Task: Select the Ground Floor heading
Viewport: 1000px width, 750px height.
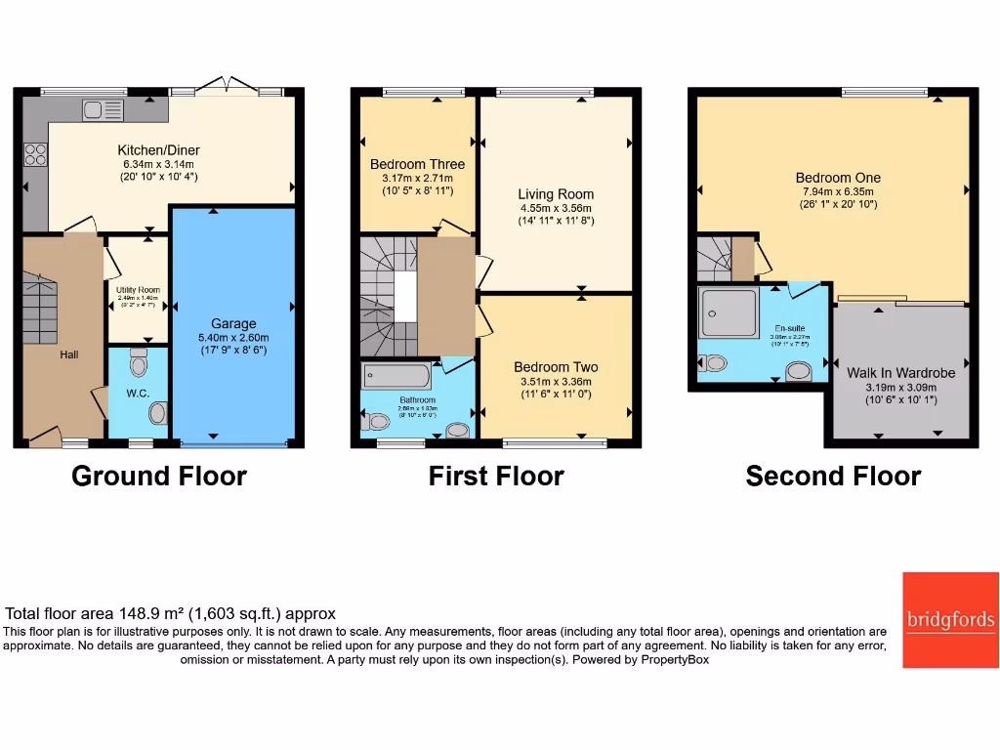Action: click(159, 477)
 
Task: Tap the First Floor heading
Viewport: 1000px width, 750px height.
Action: click(496, 477)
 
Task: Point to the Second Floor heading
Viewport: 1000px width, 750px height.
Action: click(833, 477)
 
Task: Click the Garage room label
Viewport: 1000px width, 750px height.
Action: click(233, 323)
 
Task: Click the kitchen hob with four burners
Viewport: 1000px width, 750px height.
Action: click(35, 154)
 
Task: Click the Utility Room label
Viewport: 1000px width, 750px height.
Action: click(137, 290)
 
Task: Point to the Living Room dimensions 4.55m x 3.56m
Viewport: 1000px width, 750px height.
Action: click(556, 208)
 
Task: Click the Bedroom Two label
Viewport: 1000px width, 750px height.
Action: click(556, 367)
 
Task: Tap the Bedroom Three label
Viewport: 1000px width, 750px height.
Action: click(417, 164)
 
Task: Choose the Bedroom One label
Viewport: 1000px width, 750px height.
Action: click(838, 178)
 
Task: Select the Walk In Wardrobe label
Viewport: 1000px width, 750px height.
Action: click(900, 373)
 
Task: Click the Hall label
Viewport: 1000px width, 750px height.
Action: click(68, 354)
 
